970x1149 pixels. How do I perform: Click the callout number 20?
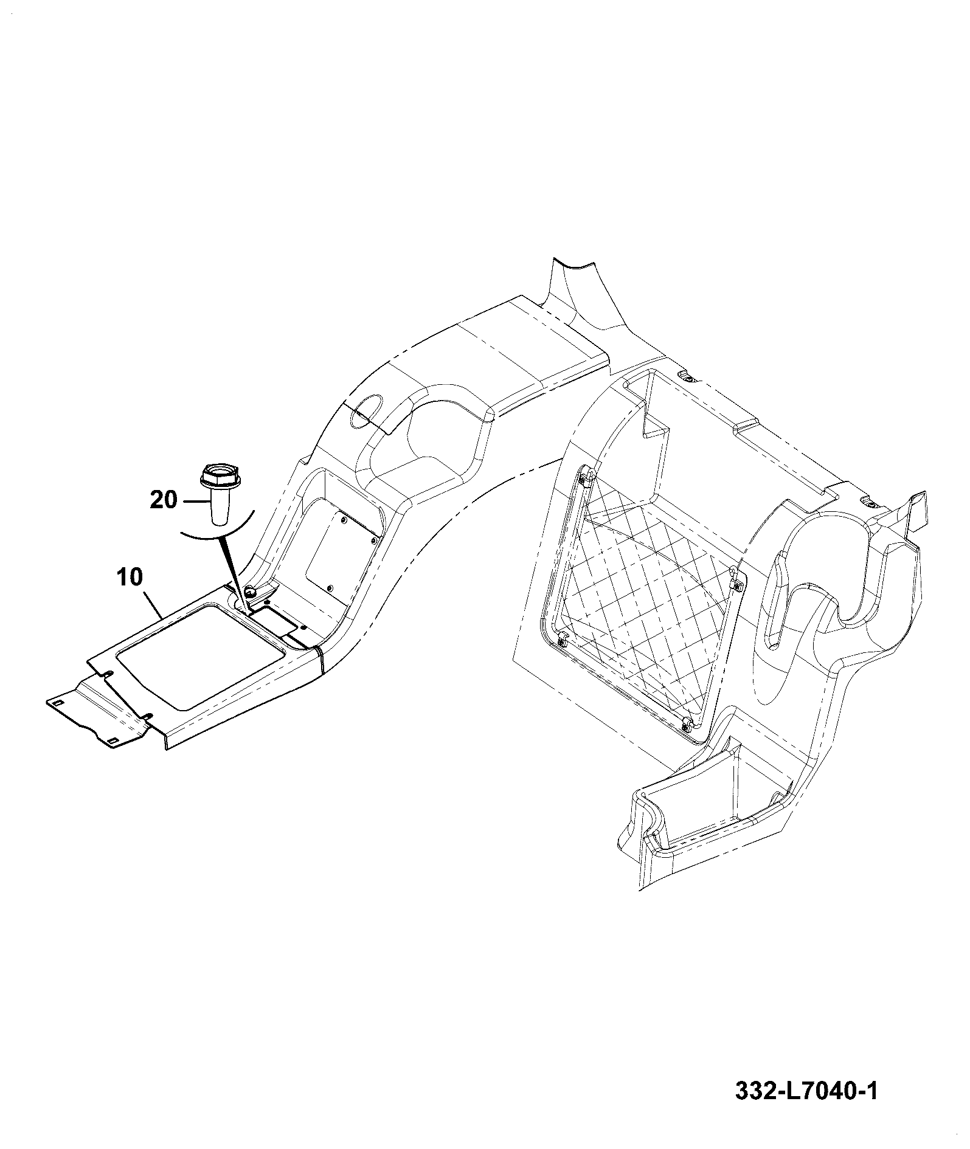pyautogui.click(x=164, y=500)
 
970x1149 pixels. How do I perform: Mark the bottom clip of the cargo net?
pyautogui.click(x=687, y=723)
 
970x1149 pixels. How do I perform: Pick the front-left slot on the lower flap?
pyautogui.click(x=58, y=702)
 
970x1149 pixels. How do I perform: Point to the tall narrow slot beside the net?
pyautogui.click(x=778, y=599)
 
